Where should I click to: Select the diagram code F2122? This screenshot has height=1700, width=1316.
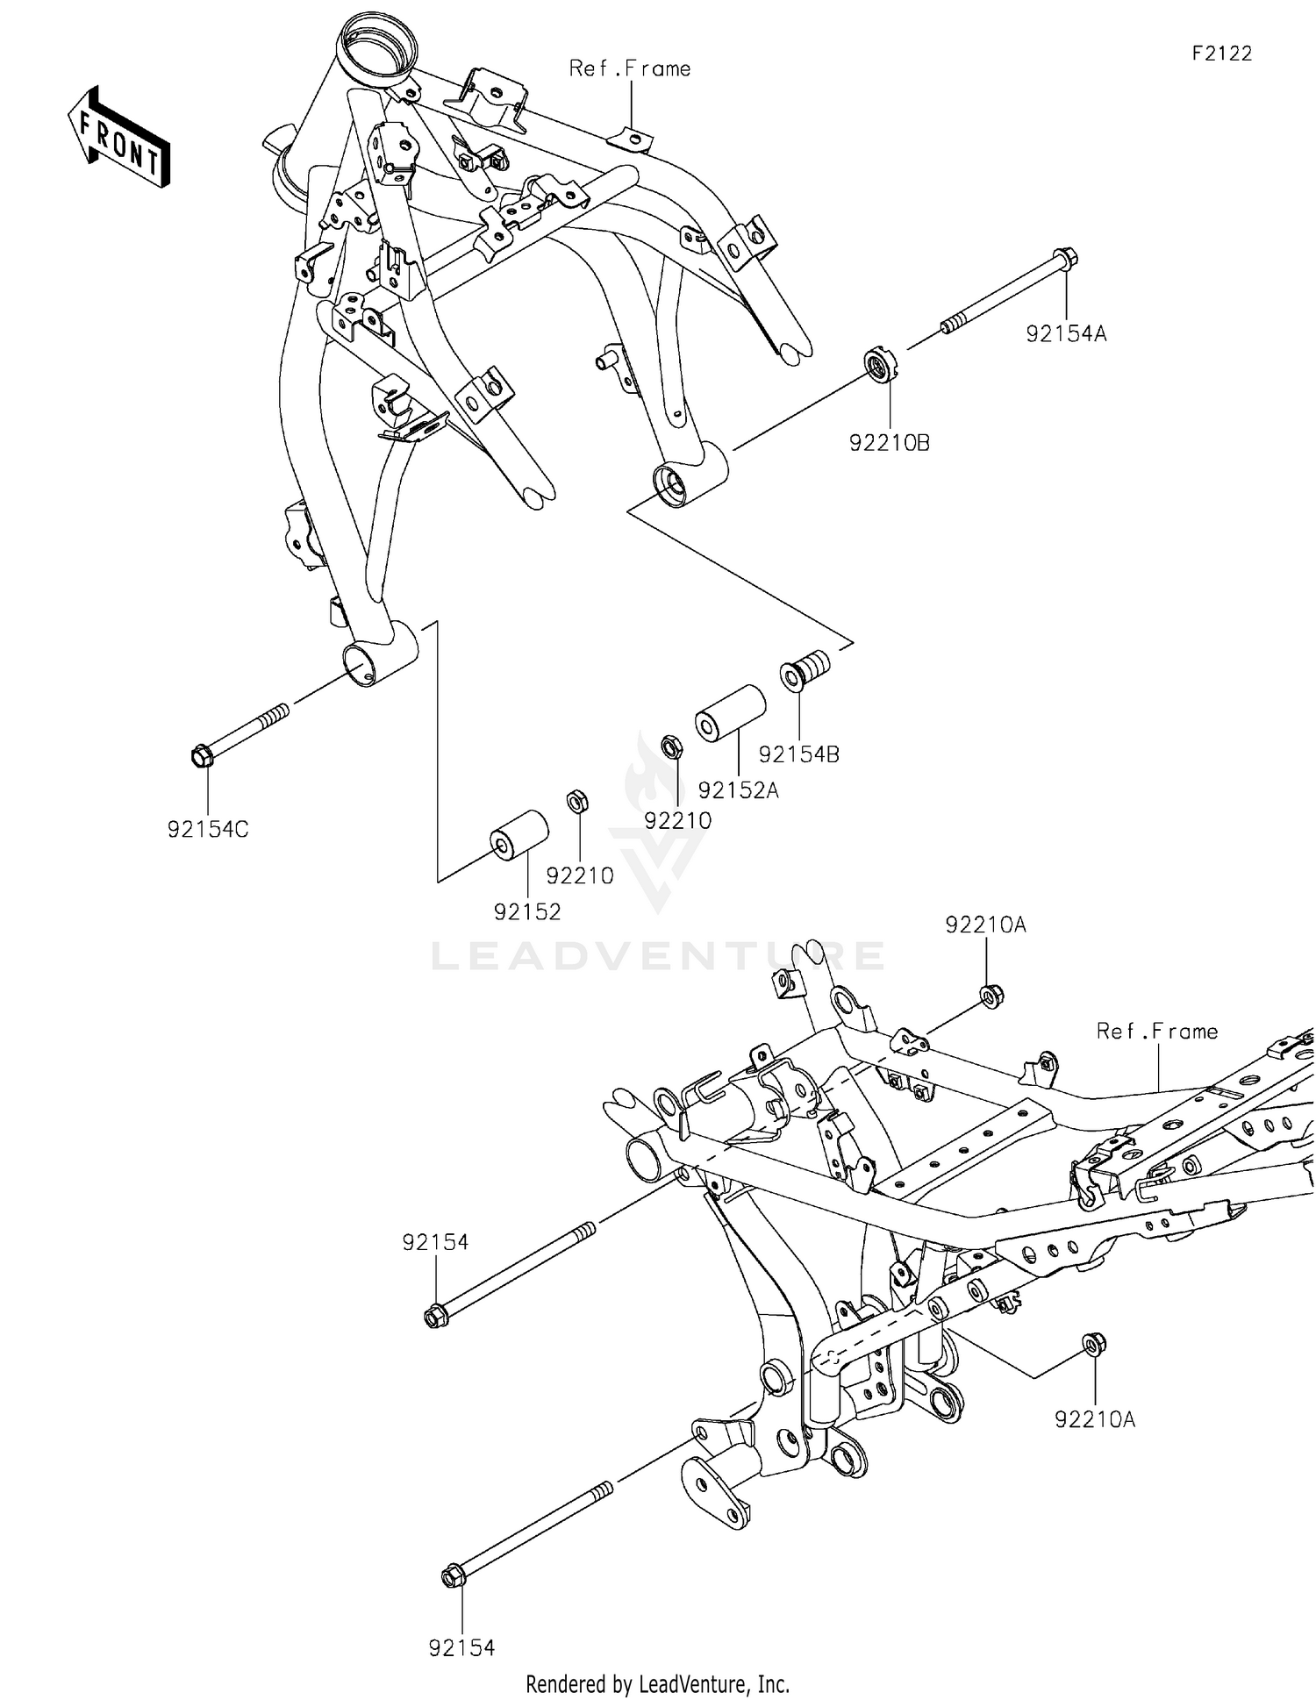click(x=1221, y=54)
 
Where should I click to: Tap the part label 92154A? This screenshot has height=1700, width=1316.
click(x=1066, y=334)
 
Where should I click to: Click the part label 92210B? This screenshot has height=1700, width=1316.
click(x=889, y=443)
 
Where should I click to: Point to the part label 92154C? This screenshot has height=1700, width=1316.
click(x=208, y=829)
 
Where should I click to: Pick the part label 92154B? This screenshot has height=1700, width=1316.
click(x=798, y=754)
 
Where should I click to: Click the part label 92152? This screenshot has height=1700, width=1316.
click(x=526, y=912)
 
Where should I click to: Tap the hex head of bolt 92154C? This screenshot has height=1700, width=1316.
click(x=201, y=754)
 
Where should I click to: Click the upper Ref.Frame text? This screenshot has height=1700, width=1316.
click(x=629, y=68)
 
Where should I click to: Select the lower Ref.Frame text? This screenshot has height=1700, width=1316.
click(x=1156, y=1032)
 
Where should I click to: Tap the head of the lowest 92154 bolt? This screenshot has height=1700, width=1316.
click(x=453, y=1577)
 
